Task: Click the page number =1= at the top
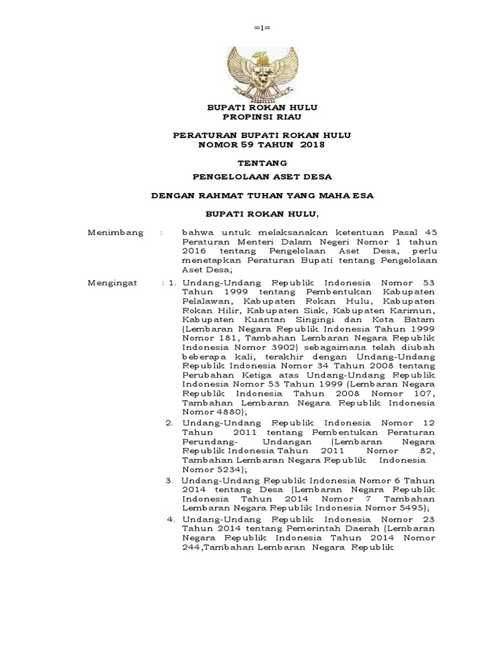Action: (262, 28)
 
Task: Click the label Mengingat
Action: (115, 282)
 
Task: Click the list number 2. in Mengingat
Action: (169, 422)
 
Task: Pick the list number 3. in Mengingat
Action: (169, 480)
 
